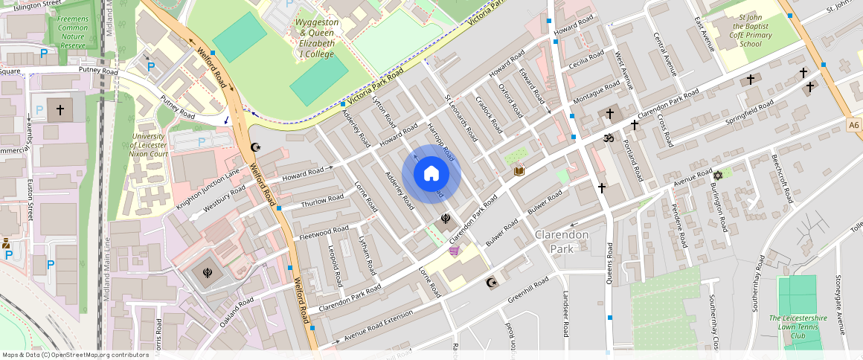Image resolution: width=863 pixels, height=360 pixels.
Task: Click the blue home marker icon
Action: [x=431, y=174]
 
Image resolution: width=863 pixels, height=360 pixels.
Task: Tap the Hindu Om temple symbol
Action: [x=607, y=138]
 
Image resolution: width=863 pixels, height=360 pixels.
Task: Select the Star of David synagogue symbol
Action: [x=718, y=176]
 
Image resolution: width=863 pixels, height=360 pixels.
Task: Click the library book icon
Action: [x=519, y=172]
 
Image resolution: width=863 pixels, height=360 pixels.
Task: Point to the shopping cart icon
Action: [x=454, y=251]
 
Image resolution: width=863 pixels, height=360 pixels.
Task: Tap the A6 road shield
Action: [x=853, y=126]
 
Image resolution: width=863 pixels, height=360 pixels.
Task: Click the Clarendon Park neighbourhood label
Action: [x=562, y=242]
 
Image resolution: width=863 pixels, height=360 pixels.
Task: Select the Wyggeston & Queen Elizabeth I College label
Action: [x=317, y=38]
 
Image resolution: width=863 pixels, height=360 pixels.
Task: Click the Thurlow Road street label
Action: [x=322, y=202]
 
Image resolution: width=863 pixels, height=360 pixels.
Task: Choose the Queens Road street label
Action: [x=609, y=263]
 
